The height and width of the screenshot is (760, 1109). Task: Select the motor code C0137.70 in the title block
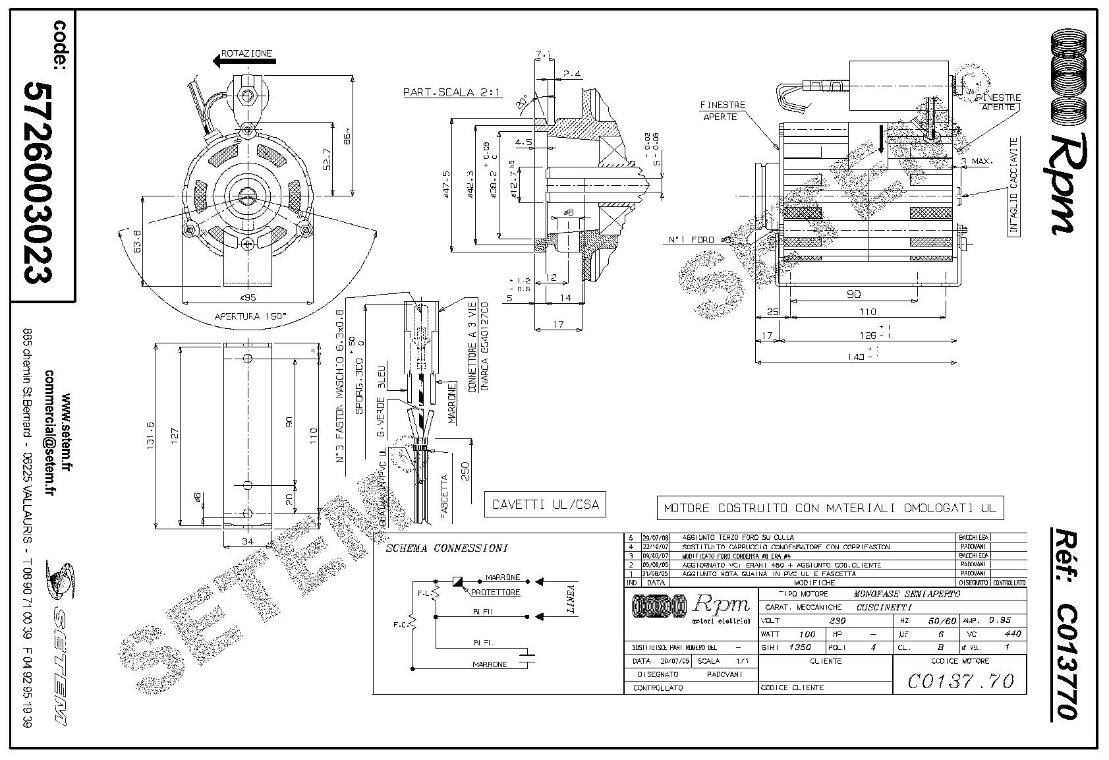click(x=960, y=680)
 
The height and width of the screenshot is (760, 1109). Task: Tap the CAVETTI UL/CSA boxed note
click(x=545, y=505)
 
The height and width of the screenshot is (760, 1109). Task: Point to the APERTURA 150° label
click(x=251, y=316)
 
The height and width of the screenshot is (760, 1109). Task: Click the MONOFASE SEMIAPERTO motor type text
click(x=907, y=594)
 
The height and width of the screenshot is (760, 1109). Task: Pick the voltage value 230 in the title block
click(x=836, y=620)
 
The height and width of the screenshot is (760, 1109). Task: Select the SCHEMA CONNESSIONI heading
click(x=447, y=548)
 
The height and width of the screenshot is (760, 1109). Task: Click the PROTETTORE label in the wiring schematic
click(x=495, y=592)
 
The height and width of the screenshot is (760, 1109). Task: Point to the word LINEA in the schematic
click(x=571, y=600)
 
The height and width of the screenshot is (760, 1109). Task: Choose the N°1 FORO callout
click(x=691, y=240)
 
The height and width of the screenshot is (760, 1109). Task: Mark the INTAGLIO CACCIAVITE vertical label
click(x=1014, y=186)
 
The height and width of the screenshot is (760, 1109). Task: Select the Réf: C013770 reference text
click(x=1062, y=623)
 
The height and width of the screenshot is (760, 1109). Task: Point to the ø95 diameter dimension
click(x=248, y=297)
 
